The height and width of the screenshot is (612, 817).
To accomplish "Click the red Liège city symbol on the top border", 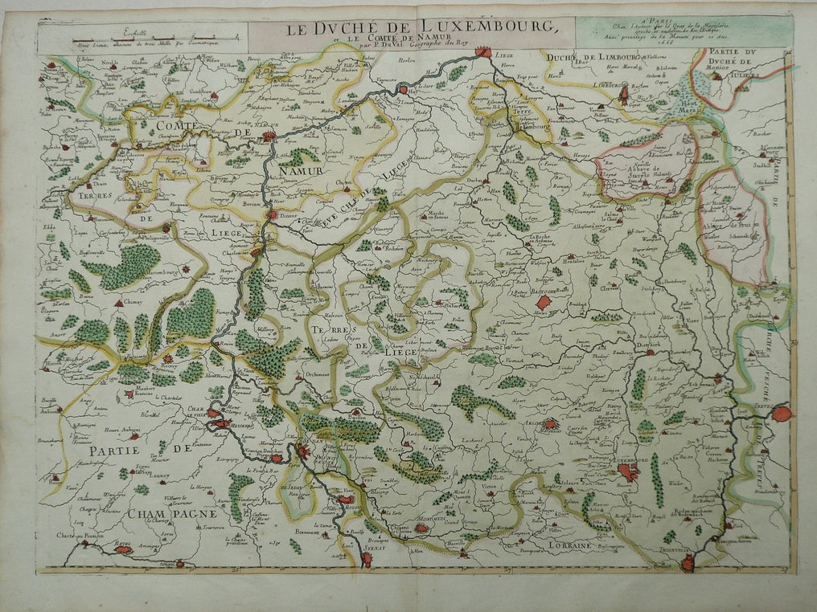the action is click(482, 53).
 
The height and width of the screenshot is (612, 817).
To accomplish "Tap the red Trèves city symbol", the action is click(781, 414).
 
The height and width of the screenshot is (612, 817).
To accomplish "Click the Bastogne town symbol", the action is click(544, 302).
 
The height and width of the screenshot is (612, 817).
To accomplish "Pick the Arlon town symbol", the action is click(551, 424).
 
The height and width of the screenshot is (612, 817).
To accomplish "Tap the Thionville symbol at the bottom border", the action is click(687, 563).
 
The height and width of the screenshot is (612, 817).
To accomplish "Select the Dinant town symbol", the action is click(273, 215).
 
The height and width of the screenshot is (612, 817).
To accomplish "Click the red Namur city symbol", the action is click(269, 137).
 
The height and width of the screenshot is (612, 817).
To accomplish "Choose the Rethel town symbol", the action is click(122, 549).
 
